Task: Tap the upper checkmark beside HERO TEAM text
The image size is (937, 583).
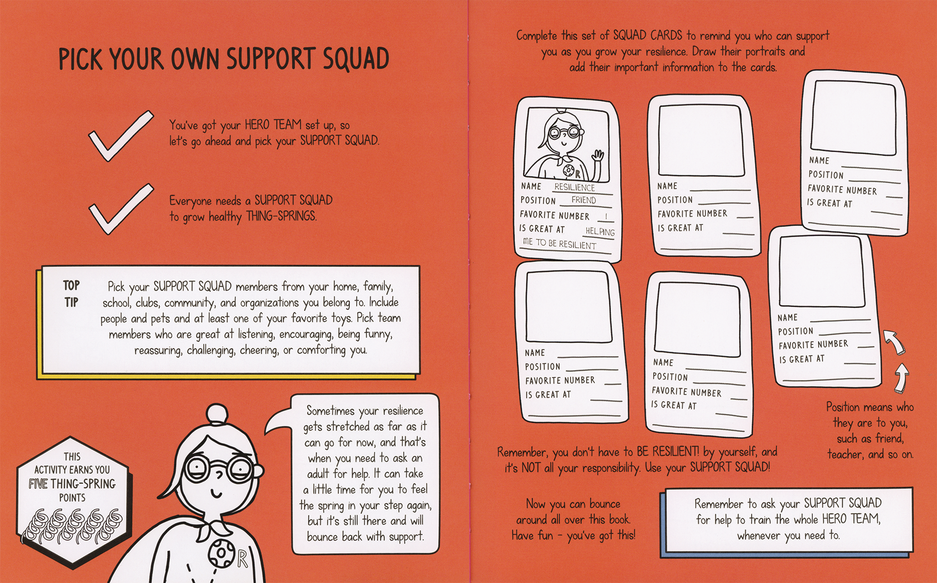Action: [x=120, y=136]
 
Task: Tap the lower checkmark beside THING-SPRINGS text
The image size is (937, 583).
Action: [x=120, y=208]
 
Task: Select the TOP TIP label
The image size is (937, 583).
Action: [x=71, y=293]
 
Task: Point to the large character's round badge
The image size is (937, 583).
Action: [x=223, y=553]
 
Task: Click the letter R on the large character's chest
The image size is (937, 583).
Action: [x=243, y=559]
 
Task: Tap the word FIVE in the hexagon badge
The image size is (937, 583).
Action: [x=38, y=484]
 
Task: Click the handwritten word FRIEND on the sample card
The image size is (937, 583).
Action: [x=583, y=200]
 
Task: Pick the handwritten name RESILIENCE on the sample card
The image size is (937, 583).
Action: [x=575, y=187]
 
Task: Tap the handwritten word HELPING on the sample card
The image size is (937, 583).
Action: [x=600, y=232]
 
